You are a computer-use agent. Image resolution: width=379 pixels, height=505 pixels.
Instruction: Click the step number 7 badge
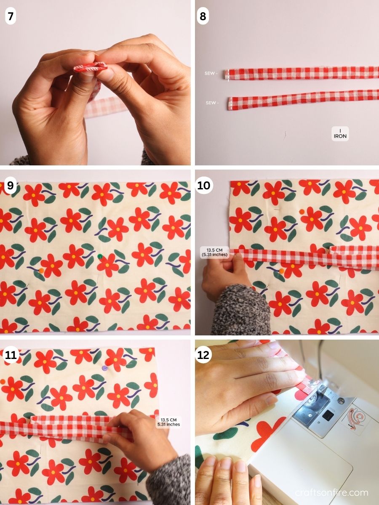[x=11, y=17]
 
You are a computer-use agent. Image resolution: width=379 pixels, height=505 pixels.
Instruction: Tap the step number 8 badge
[x=203, y=17]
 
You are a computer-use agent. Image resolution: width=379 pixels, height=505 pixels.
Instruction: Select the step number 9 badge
[x=11, y=186]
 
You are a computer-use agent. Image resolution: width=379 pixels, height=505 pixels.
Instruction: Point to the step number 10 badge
[x=204, y=186]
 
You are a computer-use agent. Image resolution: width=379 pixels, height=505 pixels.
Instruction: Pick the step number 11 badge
[x=11, y=356]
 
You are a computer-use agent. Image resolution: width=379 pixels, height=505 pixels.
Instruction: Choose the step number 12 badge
[x=204, y=356]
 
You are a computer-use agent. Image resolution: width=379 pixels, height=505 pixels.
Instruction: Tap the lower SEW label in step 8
[x=212, y=103]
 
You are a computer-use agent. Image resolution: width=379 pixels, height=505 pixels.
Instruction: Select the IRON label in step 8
[x=340, y=134]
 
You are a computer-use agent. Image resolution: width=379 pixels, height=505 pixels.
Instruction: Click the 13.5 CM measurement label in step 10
[x=214, y=252]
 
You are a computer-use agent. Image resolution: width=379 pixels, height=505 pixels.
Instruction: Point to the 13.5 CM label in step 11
[x=170, y=422]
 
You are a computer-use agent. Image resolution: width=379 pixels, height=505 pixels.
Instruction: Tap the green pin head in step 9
[x=100, y=256]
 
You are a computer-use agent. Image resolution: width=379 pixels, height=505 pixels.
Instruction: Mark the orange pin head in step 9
[x=41, y=271]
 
